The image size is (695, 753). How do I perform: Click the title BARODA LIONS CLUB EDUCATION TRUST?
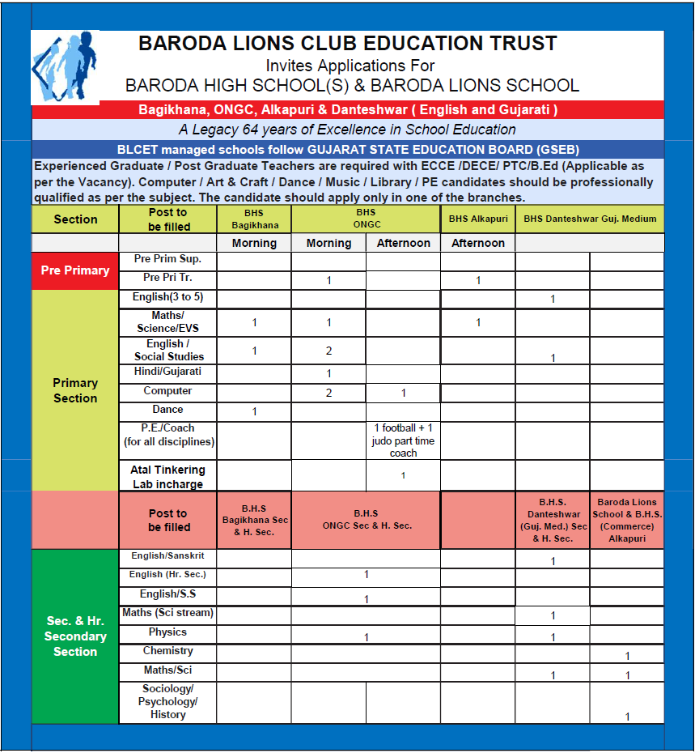(x=347, y=44)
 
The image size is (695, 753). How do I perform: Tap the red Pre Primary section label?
(x=75, y=270)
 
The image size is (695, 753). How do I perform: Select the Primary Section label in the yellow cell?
(x=75, y=390)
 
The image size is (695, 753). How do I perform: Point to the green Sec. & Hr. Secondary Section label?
(x=75, y=636)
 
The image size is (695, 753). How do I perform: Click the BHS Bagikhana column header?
(x=255, y=219)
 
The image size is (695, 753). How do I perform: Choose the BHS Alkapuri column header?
(x=478, y=219)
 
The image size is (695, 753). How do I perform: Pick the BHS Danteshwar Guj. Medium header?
(x=590, y=219)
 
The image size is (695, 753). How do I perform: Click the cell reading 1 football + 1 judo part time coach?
(x=403, y=440)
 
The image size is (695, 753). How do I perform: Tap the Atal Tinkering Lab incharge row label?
(x=167, y=476)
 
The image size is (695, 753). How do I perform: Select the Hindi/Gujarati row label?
(x=167, y=372)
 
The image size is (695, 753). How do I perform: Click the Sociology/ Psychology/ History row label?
(x=167, y=702)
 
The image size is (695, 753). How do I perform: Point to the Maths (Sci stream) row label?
(x=167, y=613)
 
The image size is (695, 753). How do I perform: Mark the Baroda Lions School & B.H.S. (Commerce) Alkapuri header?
(x=627, y=520)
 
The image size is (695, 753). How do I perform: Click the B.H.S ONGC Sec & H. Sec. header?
(x=366, y=520)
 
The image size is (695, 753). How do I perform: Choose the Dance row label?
(x=167, y=410)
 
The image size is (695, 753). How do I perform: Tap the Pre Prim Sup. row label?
(x=167, y=259)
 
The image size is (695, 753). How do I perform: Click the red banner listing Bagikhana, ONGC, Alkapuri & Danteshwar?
(x=347, y=110)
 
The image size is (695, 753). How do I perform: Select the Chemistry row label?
(x=167, y=651)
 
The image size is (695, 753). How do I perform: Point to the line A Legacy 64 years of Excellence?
(x=347, y=130)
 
